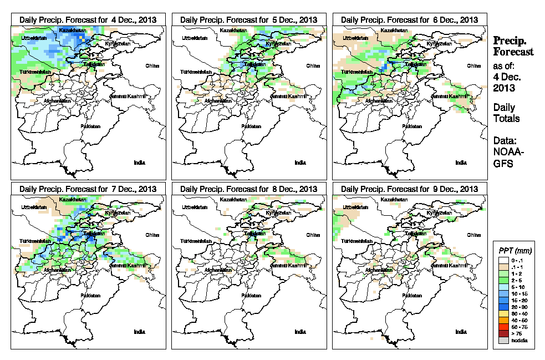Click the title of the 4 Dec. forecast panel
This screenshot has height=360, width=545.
click(x=88, y=19)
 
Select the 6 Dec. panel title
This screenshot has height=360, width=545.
click(x=409, y=19)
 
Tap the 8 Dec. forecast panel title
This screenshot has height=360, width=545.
click(x=248, y=189)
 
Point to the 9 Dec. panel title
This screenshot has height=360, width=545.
click(x=409, y=189)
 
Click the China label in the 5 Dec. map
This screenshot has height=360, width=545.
click(x=313, y=65)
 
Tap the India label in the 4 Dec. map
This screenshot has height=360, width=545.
click(x=139, y=163)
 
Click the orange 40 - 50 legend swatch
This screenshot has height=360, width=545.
click(x=501, y=320)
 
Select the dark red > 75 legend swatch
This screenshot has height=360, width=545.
click(x=501, y=333)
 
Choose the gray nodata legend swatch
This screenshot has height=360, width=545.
click(x=501, y=340)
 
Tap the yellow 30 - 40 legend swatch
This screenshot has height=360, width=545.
click(x=501, y=313)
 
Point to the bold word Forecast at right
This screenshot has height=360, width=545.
click(x=513, y=52)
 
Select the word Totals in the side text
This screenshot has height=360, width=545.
click(x=506, y=118)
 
